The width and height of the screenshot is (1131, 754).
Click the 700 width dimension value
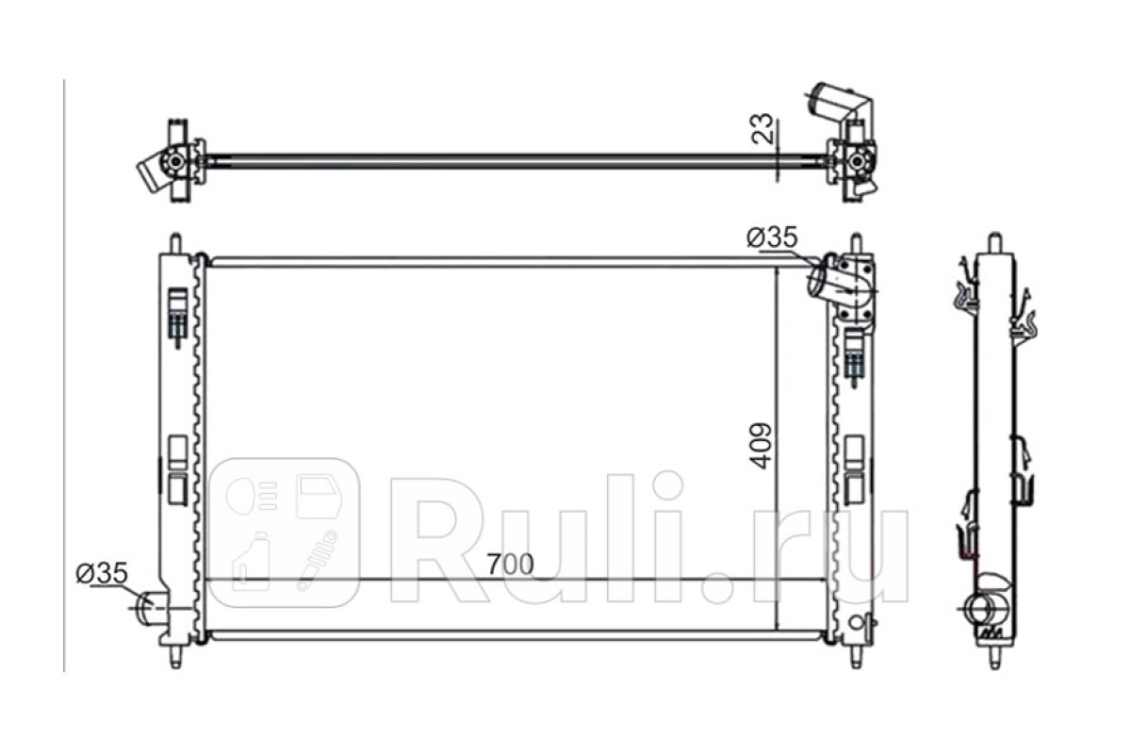pos(510,565)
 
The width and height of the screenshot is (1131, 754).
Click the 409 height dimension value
pos(761,446)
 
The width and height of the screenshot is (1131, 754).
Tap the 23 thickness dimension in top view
pos(762,128)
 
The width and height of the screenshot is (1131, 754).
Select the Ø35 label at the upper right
pos(772,237)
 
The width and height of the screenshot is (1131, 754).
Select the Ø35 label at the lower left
pos(102,573)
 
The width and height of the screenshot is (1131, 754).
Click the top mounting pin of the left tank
pos(174,243)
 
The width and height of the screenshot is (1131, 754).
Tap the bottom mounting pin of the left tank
pos(175,657)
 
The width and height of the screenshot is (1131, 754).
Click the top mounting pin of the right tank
pos(856,243)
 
